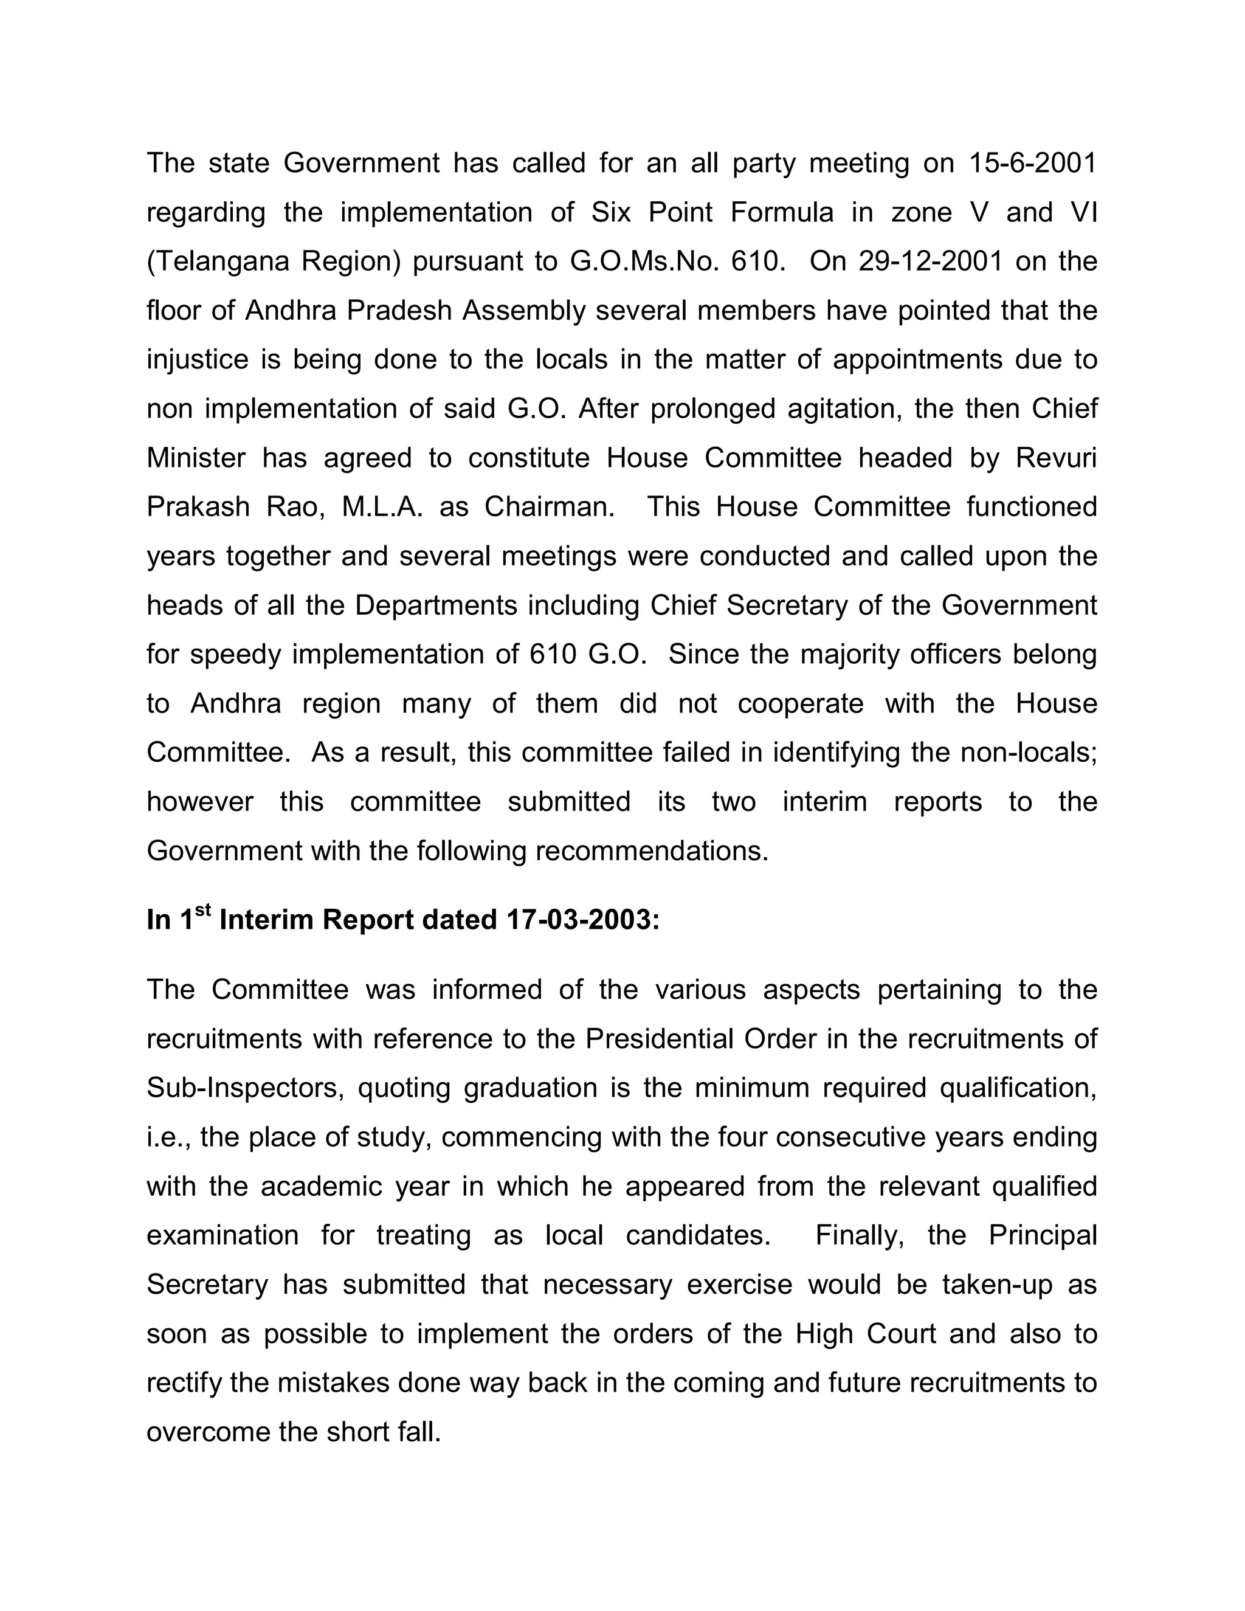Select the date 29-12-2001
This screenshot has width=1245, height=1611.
pos(931,262)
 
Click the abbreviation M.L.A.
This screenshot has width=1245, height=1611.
pos(383,508)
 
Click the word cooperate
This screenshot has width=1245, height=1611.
pos(800,704)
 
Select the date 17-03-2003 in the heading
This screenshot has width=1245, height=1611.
pos(582,920)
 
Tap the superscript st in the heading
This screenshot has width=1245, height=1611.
pos(204,912)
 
